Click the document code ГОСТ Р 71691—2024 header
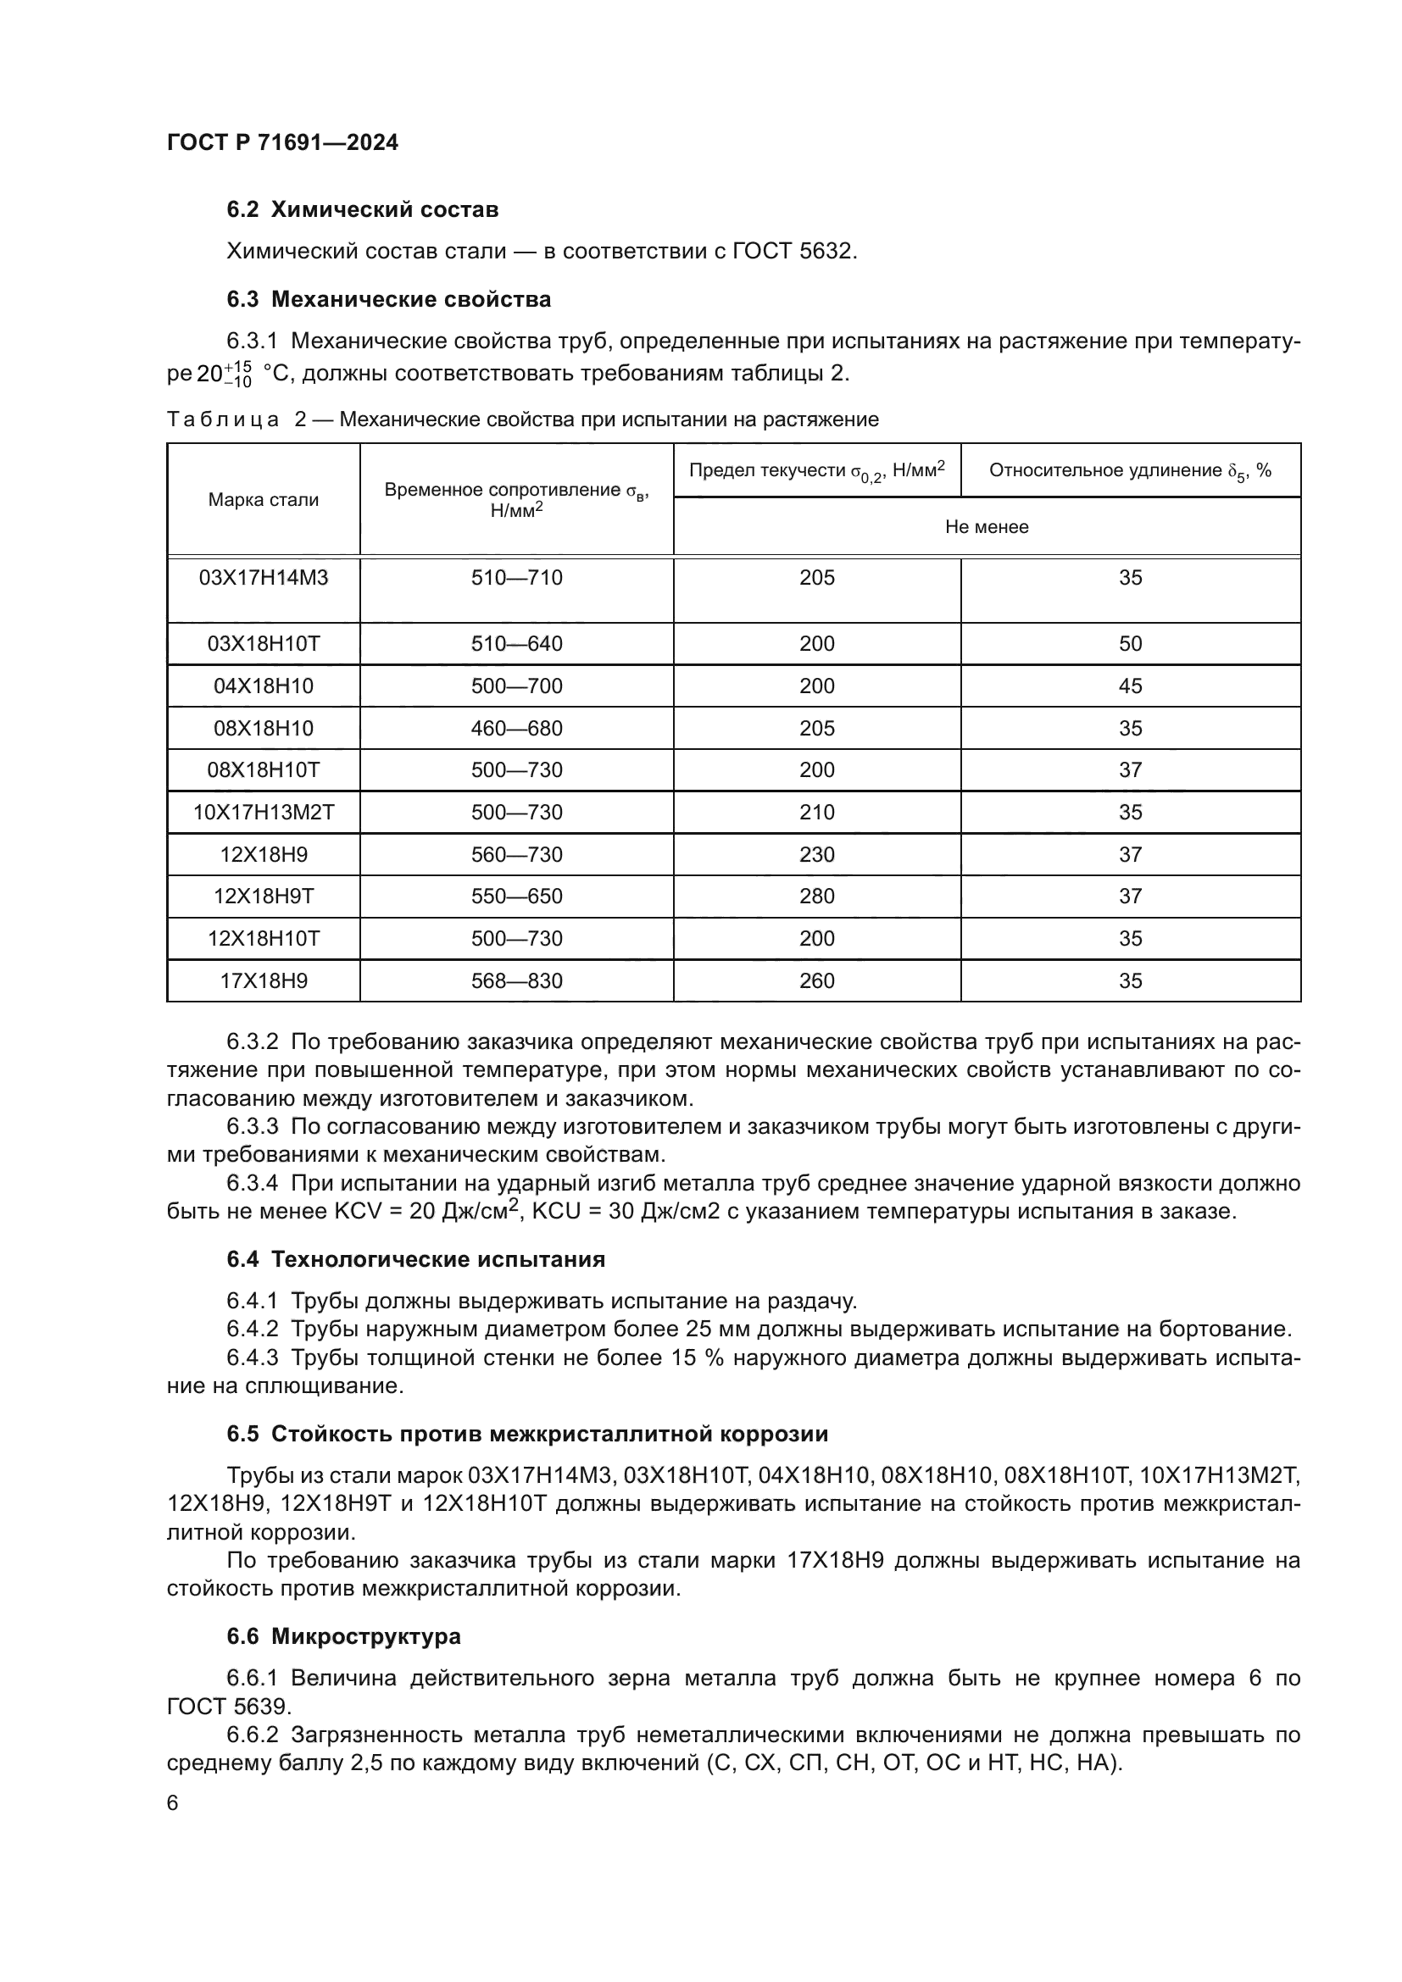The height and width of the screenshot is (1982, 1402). click(282, 142)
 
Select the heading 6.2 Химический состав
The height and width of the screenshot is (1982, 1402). click(363, 210)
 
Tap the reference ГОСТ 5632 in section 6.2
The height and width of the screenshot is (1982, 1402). click(793, 251)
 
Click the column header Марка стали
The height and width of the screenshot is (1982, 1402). click(264, 500)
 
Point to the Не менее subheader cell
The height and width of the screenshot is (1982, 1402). click(986, 526)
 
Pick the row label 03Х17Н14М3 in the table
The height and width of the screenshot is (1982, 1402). click(264, 578)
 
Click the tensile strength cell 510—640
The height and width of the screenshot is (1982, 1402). click(516, 644)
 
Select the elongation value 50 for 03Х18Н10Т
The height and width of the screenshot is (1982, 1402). click(1130, 644)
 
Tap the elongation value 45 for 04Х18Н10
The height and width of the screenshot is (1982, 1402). click(1130, 686)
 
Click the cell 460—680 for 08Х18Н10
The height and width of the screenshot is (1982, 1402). click(516, 729)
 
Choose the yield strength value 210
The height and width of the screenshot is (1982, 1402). click(816, 813)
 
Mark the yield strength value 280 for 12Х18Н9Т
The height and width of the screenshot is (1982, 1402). click(816, 896)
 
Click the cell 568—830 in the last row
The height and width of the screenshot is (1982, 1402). click(516, 980)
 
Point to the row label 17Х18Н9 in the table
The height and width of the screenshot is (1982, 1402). click(264, 980)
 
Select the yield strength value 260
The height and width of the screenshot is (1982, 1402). click(816, 980)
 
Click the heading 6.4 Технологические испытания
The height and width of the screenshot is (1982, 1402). click(415, 1259)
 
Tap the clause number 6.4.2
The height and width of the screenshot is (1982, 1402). click(252, 1330)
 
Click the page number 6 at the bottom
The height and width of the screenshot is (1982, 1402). click(173, 1803)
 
